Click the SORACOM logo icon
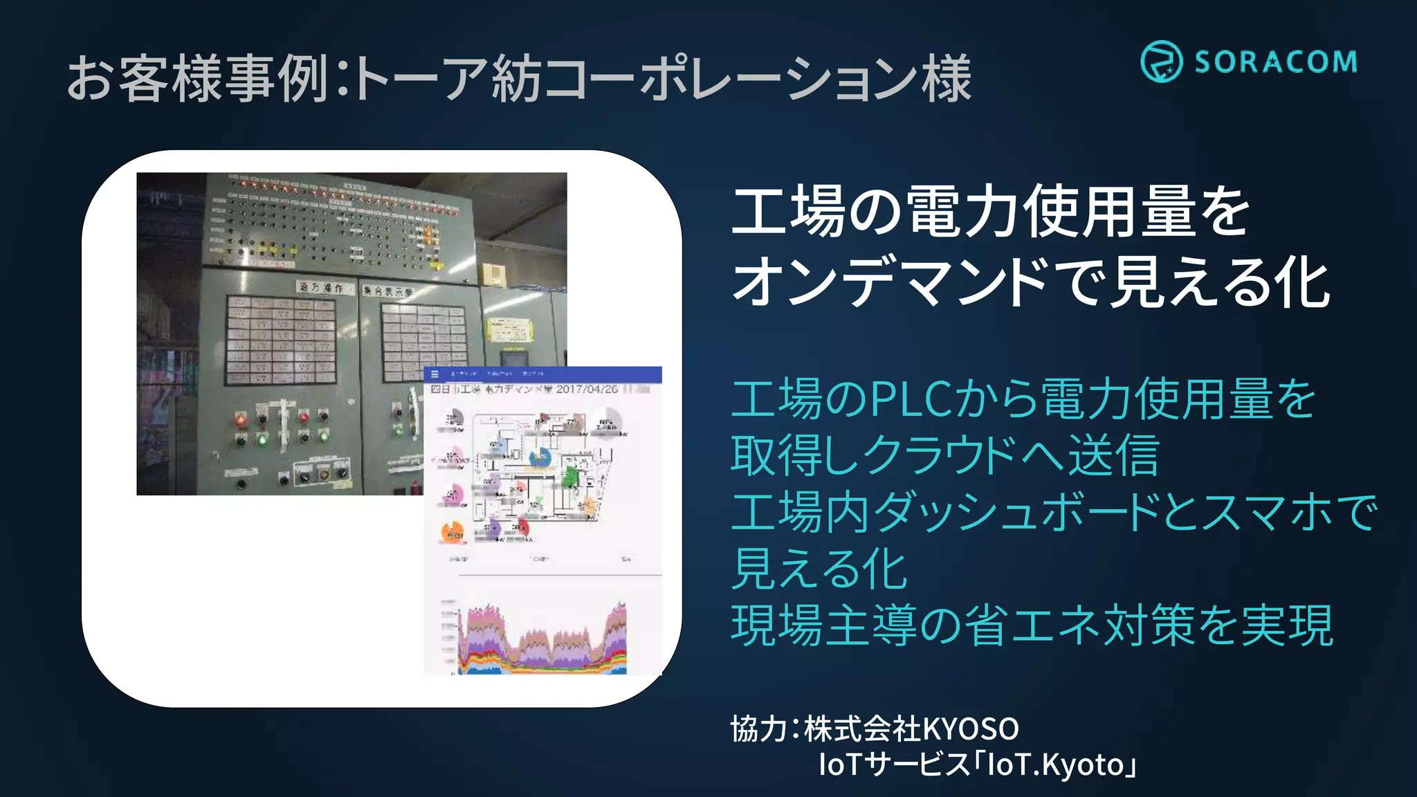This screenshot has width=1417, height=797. [x=1161, y=61]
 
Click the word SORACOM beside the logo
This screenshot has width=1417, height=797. [x=1275, y=62]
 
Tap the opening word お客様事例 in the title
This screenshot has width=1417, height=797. [x=197, y=77]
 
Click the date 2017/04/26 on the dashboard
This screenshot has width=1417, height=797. [x=586, y=390]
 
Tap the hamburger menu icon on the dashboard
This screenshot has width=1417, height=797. [x=435, y=374]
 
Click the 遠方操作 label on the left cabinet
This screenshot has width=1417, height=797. [x=321, y=287]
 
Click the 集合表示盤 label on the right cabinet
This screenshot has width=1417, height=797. [x=390, y=291]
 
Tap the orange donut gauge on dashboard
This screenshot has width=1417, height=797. [x=452, y=532]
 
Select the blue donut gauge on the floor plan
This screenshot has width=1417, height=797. [x=539, y=457]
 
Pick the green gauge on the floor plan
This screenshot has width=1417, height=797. [x=569, y=476]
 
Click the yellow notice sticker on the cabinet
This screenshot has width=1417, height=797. [x=511, y=330]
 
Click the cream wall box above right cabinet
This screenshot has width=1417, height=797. [x=492, y=275]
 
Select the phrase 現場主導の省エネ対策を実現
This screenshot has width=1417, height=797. [x=1031, y=625]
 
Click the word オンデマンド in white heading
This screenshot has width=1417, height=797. [x=889, y=282]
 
